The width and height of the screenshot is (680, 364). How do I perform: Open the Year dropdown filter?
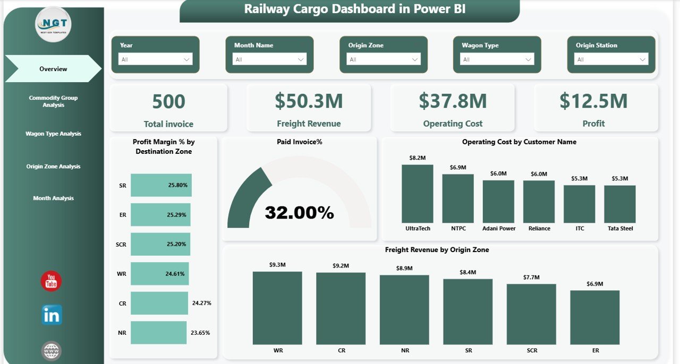tap(155, 59)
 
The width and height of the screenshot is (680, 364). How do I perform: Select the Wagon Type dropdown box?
tap(497, 59)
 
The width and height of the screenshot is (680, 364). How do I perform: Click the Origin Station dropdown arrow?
tap(643, 59)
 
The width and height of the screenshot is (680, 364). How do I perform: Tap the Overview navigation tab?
tap(53, 69)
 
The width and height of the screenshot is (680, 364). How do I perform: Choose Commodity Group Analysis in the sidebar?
tap(53, 101)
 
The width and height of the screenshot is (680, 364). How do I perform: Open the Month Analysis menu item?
tap(53, 198)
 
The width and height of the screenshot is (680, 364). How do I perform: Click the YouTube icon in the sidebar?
tap(52, 281)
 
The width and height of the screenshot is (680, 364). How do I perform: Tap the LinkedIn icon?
tap(52, 315)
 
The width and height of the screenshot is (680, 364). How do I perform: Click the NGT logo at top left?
tap(53, 24)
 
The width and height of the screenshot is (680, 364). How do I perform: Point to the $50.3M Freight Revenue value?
tap(309, 101)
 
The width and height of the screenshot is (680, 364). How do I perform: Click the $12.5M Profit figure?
tap(593, 101)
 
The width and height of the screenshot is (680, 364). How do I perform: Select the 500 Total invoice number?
tap(168, 101)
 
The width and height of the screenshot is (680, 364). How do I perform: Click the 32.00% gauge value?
tap(299, 213)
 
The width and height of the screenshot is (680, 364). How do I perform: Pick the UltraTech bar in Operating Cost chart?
tap(417, 194)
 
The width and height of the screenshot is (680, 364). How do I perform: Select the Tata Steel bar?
tap(619, 204)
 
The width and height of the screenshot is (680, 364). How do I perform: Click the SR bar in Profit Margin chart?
tap(161, 185)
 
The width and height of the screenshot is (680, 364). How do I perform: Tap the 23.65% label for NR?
tap(200, 333)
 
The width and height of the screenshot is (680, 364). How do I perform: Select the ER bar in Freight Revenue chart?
tap(594, 317)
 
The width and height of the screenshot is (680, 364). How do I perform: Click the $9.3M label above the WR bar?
tap(277, 265)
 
